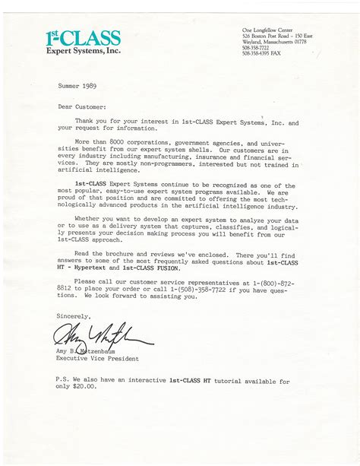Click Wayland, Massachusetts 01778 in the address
264,41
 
